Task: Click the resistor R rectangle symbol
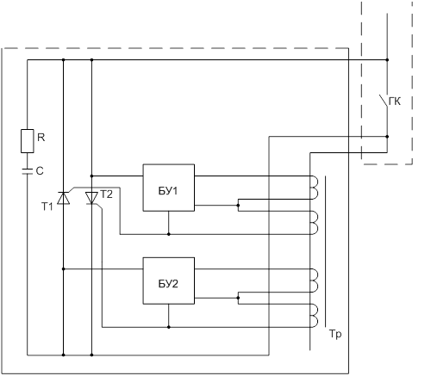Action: pyautogui.click(x=28, y=141)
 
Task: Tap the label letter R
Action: pyautogui.click(x=41, y=138)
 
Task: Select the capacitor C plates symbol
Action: pyautogui.click(x=28, y=171)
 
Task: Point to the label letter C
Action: pyautogui.click(x=40, y=171)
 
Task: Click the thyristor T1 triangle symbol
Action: pyautogui.click(x=64, y=198)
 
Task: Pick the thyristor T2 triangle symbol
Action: pyautogui.click(x=91, y=198)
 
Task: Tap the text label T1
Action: pyautogui.click(x=47, y=206)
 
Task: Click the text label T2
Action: pyautogui.click(x=106, y=194)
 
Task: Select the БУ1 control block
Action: pyautogui.click(x=169, y=188)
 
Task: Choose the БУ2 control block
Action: pyautogui.click(x=169, y=280)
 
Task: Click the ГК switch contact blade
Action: pyautogui.click(x=384, y=101)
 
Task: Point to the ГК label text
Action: pyautogui.click(x=395, y=102)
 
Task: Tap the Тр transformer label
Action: pyautogui.click(x=335, y=334)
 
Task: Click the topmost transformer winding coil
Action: pyautogui.click(x=315, y=188)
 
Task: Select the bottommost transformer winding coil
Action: pyautogui.click(x=315, y=316)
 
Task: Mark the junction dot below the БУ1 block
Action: pyautogui.click(x=169, y=234)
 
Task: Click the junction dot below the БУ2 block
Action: pyautogui.click(x=169, y=327)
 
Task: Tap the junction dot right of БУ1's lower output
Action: pyautogui.click(x=238, y=206)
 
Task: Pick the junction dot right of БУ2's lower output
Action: pyautogui.click(x=238, y=298)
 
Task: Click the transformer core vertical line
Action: pyautogui.click(x=326, y=251)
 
